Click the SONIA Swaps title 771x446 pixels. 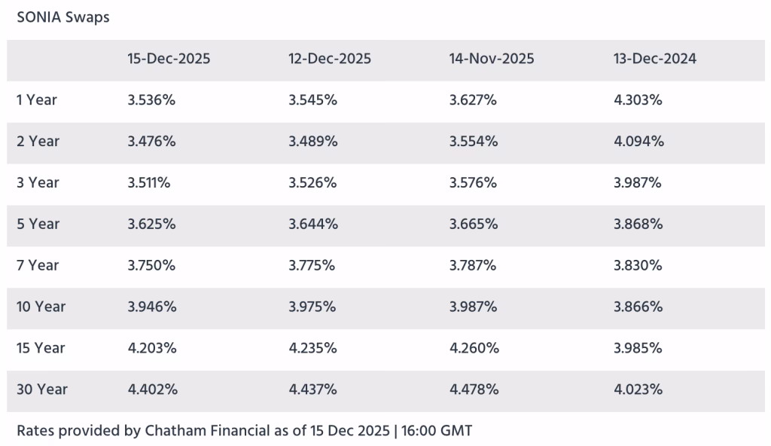pyautogui.click(x=63, y=18)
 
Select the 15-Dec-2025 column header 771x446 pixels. pyautogui.click(x=169, y=59)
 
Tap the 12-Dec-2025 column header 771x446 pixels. pyautogui.click(x=330, y=59)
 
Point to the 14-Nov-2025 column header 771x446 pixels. pyautogui.click(x=491, y=59)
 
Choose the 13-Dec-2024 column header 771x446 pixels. pyautogui.click(x=654, y=59)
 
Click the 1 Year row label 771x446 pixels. pyautogui.click(x=36, y=100)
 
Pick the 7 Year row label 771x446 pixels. pyautogui.click(x=38, y=265)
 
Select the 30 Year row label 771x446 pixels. pyautogui.click(x=42, y=389)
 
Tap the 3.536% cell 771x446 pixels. pyautogui.click(x=151, y=100)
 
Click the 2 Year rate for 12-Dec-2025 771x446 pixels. pyautogui.click(x=312, y=142)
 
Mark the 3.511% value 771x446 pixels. pyautogui.click(x=149, y=182)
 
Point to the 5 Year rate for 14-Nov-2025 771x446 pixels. pyautogui.click(x=474, y=224)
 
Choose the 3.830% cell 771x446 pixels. pyautogui.click(x=638, y=265)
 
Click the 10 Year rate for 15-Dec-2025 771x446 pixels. pyautogui.click(x=152, y=307)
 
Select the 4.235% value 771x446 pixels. pyautogui.click(x=312, y=348)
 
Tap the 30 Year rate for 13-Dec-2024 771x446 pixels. pyautogui.click(x=638, y=389)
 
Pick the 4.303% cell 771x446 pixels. pyautogui.click(x=638, y=100)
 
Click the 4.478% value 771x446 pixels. pyautogui.click(x=474, y=389)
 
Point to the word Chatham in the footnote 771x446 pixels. pyautogui.click(x=175, y=431)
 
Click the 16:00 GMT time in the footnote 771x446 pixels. pyautogui.click(x=437, y=431)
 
